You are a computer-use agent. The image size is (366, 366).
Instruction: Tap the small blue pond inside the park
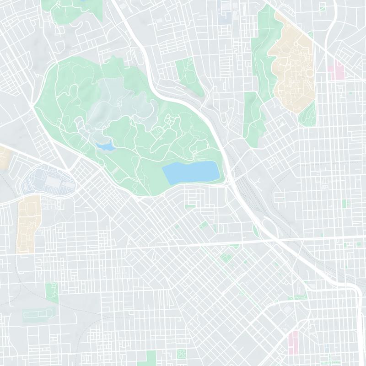click(105, 146)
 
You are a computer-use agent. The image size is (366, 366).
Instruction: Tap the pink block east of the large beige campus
click(340, 71)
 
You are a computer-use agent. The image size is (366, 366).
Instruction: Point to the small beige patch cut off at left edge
click(4, 158)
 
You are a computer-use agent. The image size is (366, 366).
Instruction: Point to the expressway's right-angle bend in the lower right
click(353, 288)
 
